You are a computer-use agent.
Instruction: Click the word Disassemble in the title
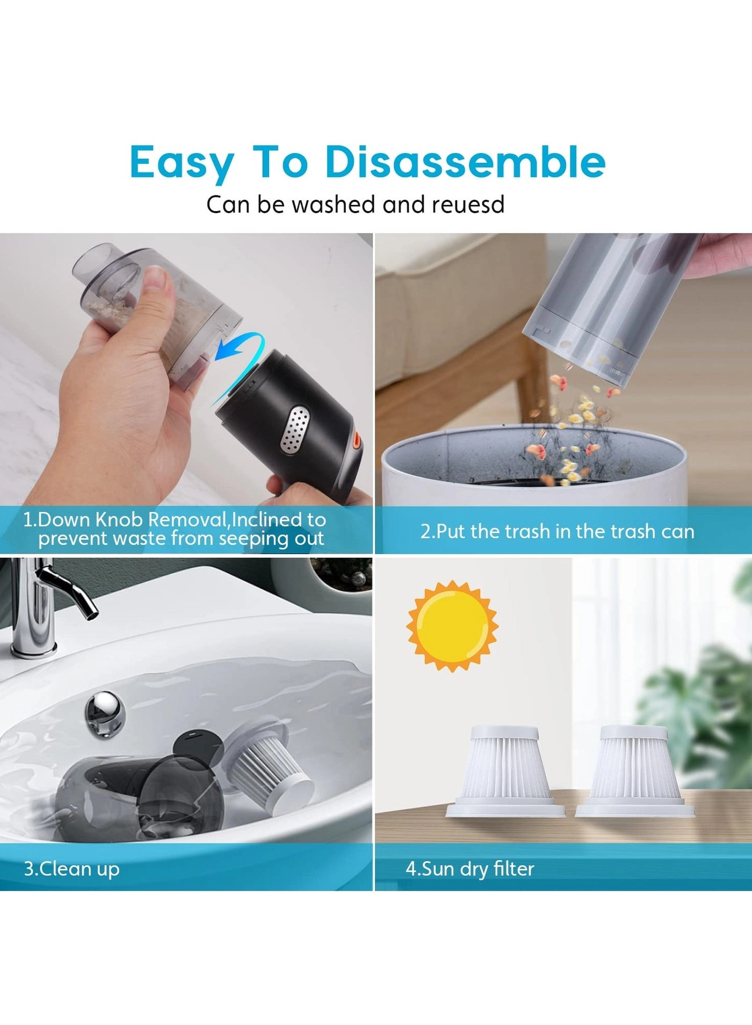pos(465,162)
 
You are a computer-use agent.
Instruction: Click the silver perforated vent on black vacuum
pos(296,430)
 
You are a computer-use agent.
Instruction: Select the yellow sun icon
pos(452,626)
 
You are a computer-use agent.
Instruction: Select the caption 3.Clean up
pos(71,868)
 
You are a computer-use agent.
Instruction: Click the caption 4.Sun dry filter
pos(469,868)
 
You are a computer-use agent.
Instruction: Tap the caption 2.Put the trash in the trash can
pos(557,531)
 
